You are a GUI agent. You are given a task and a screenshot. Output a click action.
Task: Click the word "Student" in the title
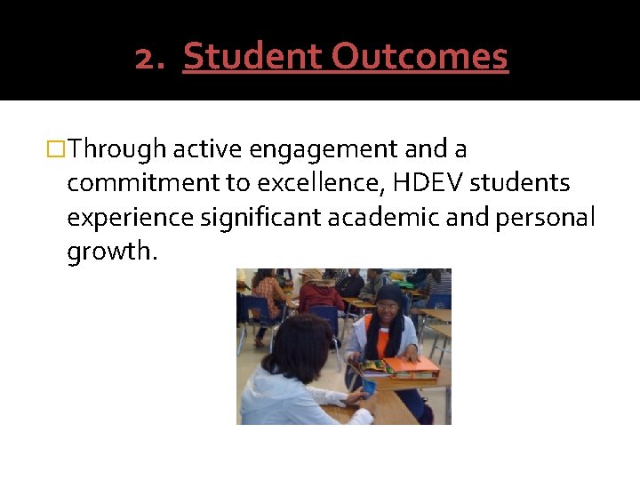pos(252,57)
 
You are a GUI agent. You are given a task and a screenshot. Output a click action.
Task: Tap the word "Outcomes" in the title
pos(420,57)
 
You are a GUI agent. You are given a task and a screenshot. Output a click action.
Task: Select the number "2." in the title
pos(153,58)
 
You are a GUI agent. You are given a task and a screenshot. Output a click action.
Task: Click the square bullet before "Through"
pos(59,148)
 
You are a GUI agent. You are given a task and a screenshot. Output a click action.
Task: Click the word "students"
pos(520,183)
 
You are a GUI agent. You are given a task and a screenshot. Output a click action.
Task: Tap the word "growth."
pos(112,252)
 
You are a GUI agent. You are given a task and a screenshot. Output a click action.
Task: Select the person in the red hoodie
pos(321,295)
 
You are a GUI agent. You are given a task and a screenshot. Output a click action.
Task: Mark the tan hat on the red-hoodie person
pos(313,275)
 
